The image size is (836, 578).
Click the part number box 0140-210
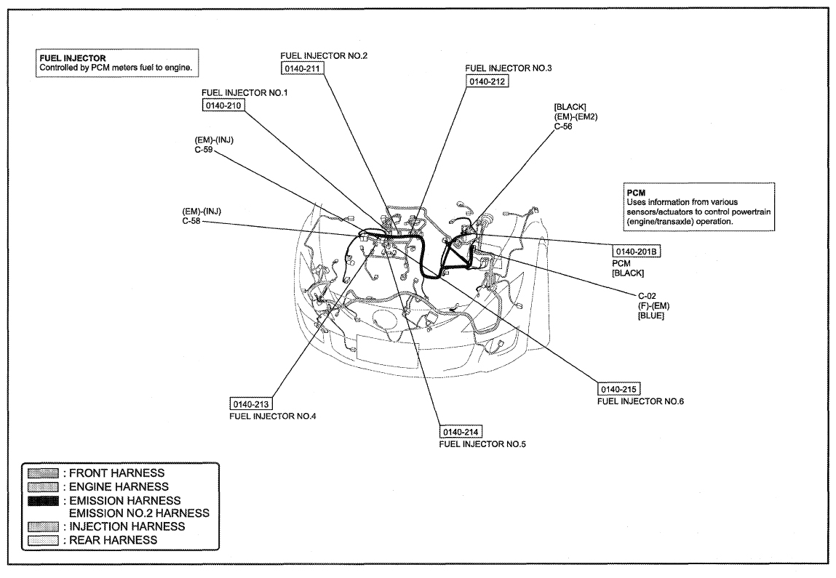pyautogui.click(x=223, y=105)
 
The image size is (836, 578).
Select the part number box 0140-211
pyautogui.click(x=302, y=68)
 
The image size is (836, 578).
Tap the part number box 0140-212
pyautogui.click(x=487, y=81)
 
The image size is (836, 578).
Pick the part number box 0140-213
pyautogui.click(x=250, y=404)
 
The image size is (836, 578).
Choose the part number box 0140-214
pyautogui.click(x=461, y=432)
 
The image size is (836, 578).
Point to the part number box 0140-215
pyautogui.click(x=619, y=389)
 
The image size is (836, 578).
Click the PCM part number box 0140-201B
pyautogui.click(x=636, y=252)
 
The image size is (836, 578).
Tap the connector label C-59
pyautogui.click(x=204, y=150)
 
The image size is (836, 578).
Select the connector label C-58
pyautogui.click(x=191, y=220)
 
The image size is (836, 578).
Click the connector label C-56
pyautogui.click(x=564, y=127)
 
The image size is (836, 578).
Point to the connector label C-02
pyautogui.click(x=648, y=296)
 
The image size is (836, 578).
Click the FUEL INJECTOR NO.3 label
pyautogui.click(x=509, y=68)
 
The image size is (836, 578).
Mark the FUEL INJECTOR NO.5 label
pyautogui.click(x=482, y=443)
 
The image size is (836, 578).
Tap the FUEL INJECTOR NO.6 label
pyautogui.click(x=641, y=401)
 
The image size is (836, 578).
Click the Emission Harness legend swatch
pyautogui.click(x=43, y=501)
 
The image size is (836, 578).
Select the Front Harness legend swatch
pyautogui.click(x=43, y=473)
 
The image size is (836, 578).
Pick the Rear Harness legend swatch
pyautogui.click(x=43, y=540)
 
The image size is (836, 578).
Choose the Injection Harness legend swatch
pyautogui.click(x=43, y=526)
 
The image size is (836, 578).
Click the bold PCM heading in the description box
pyautogui.click(x=636, y=193)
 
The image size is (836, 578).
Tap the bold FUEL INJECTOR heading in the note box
pyautogui.click(x=73, y=58)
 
